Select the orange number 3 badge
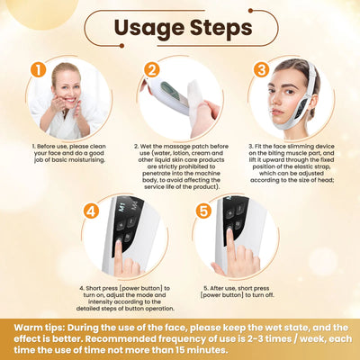click(262, 69)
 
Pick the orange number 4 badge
click(91, 212)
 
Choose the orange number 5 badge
click(202, 212)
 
